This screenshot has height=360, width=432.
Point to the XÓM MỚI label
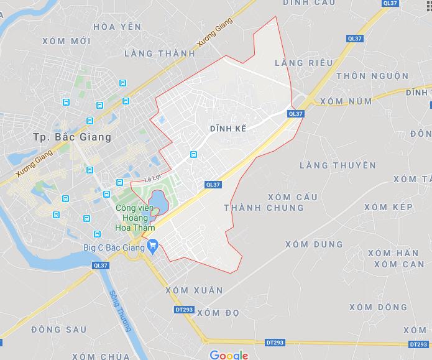(67, 41)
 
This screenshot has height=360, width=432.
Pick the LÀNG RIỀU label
(303, 63)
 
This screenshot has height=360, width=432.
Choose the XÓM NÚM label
(346, 101)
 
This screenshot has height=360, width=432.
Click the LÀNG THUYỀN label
(338, 165)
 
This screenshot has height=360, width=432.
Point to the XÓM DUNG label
(315, 244)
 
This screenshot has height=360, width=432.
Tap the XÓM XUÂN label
(194, 290)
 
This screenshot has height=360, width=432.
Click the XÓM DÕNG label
(379, 307)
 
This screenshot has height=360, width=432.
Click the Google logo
(229, 355)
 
